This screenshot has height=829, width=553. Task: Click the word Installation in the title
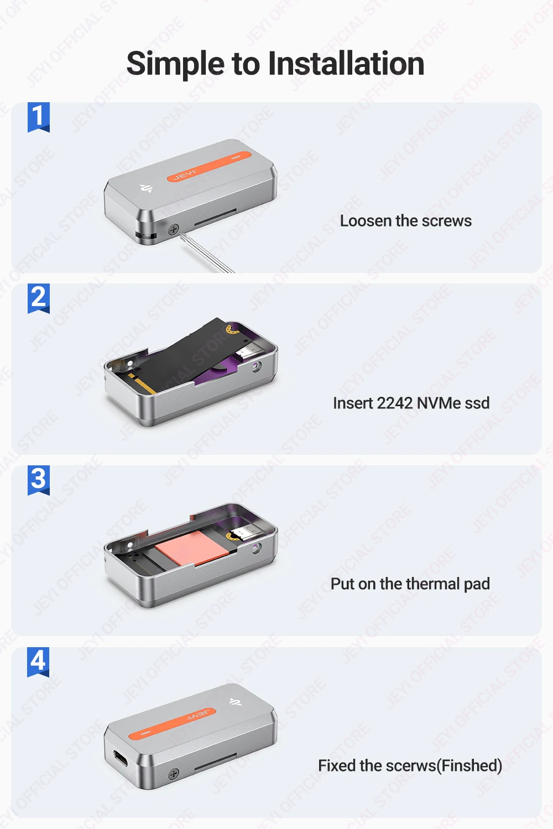tap(346, 64)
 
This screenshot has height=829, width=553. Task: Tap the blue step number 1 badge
tap(39, 117)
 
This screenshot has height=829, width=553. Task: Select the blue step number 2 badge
tap(39, 298)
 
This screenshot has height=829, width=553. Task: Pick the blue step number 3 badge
tap(39, 480)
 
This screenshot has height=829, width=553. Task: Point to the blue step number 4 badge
tap(38, 662)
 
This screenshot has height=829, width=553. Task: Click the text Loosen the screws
tap(405, 221)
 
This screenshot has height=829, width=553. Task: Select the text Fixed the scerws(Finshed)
tap(410, 765)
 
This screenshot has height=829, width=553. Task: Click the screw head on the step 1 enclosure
tap(174, 229)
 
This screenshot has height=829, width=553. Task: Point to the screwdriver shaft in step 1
tap(207, 254)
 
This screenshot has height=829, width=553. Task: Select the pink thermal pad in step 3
tap(192, 548)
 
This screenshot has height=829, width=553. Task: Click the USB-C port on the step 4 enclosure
tap(121, 759)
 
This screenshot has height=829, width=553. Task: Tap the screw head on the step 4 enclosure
tap(173, 774)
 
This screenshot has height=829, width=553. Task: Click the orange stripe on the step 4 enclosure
tap(172, 724)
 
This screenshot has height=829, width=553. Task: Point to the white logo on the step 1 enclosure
tap(147, 189)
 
